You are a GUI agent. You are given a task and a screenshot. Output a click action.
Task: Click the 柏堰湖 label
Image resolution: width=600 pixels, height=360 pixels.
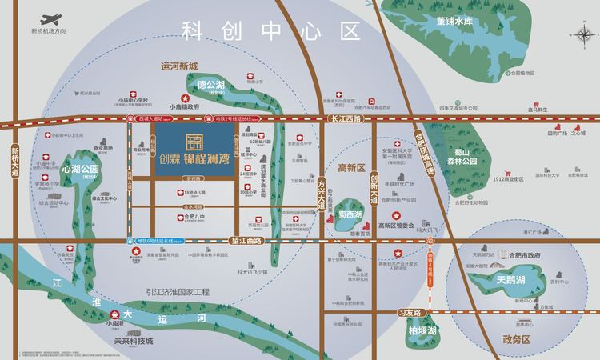[x=421, y=330]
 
